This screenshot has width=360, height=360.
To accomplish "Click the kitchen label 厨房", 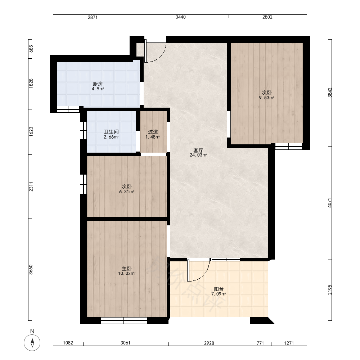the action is (98, 84).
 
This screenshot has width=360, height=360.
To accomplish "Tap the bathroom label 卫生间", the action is (111, 132).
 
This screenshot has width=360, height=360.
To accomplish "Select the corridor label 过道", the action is (153, 132).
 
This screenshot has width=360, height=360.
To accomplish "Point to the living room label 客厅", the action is (198, 150).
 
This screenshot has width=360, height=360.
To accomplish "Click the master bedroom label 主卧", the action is (126, 269).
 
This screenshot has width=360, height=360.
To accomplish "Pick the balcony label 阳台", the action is (219, 289).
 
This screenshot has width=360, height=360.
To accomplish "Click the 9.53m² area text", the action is (266, 98).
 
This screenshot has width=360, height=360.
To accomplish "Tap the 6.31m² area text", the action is (126, 192).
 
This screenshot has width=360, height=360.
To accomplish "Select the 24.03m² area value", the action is (198, 155).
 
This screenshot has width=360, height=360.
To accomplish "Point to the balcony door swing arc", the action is (204, 275).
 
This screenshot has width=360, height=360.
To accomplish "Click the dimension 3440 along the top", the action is (181, 17).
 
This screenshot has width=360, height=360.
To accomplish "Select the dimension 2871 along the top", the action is (93, 17).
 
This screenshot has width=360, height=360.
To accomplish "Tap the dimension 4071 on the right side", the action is (330, 203).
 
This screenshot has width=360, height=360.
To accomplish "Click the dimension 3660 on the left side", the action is (31, 270).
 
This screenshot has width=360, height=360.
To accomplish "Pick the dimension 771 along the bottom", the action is (260, 343).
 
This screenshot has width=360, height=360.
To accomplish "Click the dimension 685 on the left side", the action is (31, 49).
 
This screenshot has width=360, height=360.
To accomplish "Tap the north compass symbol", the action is (32, 343).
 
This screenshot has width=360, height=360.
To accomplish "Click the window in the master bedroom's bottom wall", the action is (124, 320).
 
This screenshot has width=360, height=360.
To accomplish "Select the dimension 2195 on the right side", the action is (330, 290).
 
